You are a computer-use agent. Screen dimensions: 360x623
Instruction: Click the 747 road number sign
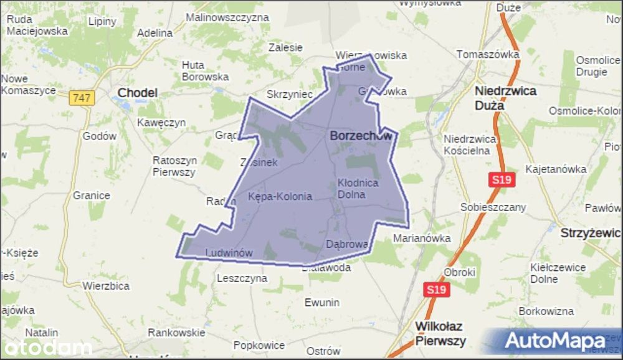[x=81, y=98]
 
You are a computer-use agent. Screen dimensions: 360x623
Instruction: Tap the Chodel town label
[x=137, y=93]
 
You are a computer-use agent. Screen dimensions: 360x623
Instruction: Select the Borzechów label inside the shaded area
[x=361, y=135]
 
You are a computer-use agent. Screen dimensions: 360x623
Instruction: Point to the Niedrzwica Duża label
[x=505, y=98]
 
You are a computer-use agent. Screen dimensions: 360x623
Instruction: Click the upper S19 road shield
[x=502, y=180]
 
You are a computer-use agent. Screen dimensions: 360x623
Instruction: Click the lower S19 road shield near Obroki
[x=436, y=290]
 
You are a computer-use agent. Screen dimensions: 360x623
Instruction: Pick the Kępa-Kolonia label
[x=280, y=196]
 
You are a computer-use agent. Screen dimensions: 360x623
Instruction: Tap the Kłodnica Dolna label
[x=358, y=189]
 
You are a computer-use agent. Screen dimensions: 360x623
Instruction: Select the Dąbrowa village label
[x=347, y=244]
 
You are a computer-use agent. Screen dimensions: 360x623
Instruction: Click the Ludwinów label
[x=229, y=253]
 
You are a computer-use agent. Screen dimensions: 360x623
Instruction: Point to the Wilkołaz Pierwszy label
[x=440, y=333]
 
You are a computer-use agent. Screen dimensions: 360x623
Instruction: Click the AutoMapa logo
[x=554, y=341]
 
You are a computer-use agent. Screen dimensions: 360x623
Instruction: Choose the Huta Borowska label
[x=205, y=71]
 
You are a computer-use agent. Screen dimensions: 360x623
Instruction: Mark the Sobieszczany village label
[x=493, y=207]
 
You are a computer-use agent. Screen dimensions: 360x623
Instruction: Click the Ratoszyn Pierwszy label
[x=174, y=166]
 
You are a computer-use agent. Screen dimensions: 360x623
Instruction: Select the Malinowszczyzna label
[x=227, y=17]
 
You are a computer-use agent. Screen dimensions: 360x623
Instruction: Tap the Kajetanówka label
[x=556, y=169]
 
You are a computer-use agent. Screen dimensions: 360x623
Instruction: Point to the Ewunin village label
[x=322, y=303]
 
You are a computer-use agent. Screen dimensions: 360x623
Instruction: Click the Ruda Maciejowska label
[x=37, y=24]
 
